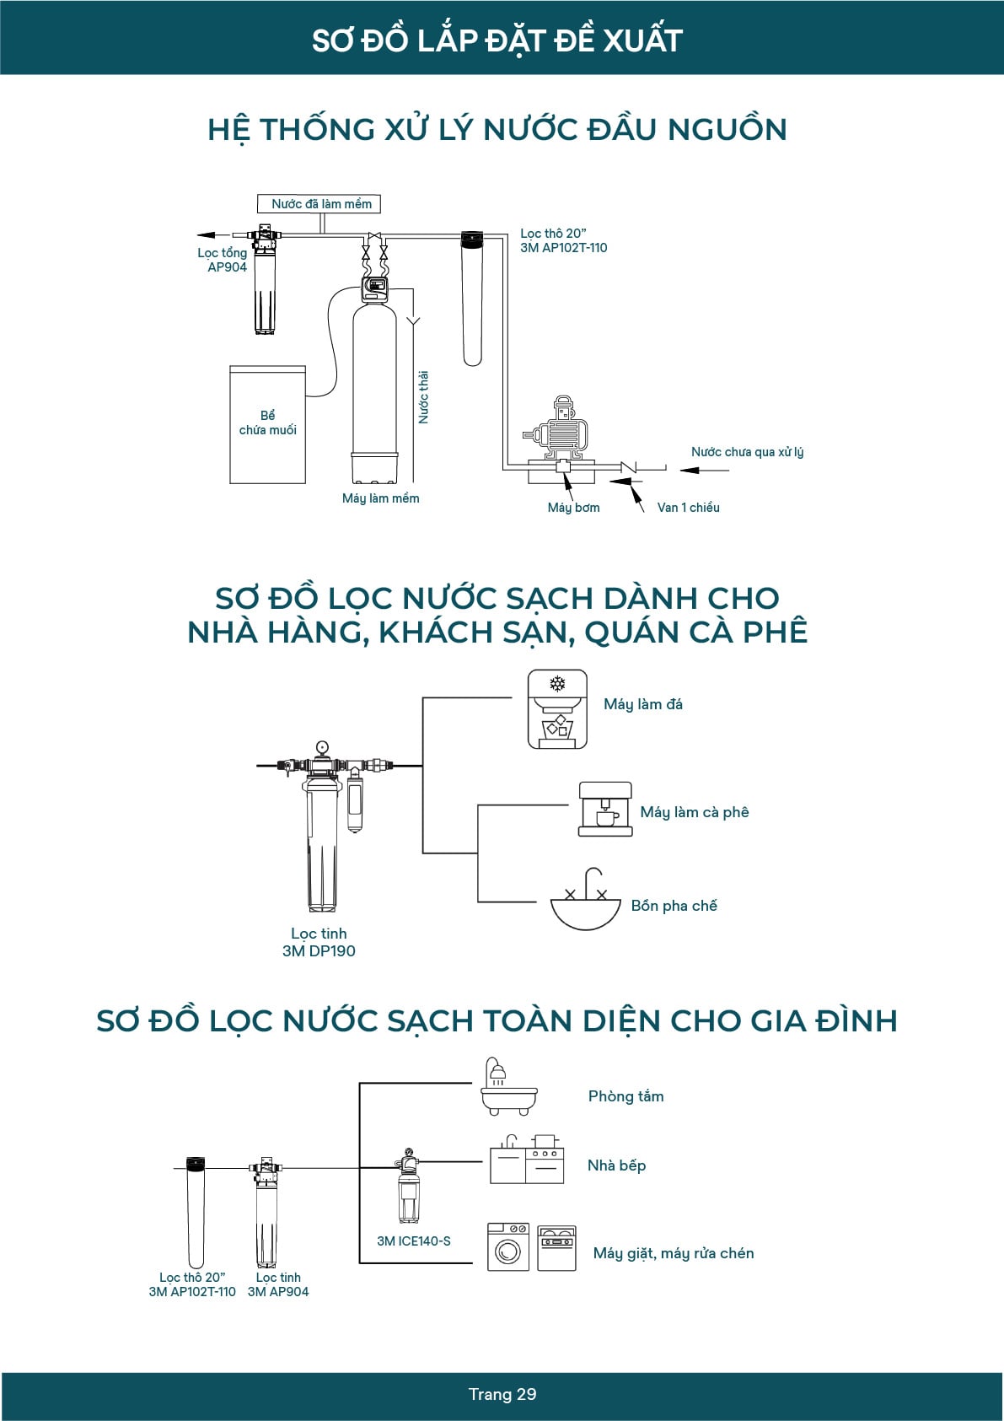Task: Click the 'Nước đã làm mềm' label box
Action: [x=319, y=204]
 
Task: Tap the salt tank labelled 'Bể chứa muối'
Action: [x=267, y=424]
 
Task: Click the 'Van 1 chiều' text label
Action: [x=688, y=508]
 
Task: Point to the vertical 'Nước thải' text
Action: [x=424, y=396]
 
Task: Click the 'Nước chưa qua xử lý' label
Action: [x=747, y=452]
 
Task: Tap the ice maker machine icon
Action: [x=557, y=709]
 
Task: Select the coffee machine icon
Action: [x=605, y=809]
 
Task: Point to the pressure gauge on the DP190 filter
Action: [x=322, y=747]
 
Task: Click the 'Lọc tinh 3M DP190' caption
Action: [x=319, y=942]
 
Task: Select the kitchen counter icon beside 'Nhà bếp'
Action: [x=527, y=1160]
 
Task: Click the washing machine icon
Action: [x=508, y=1247]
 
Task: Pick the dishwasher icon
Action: [x=556, y=1248]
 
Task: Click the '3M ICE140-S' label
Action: [x=413, y=1241]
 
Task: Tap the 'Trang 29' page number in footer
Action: [x=502, y=1394]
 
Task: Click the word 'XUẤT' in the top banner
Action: [x=643, y=40]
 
